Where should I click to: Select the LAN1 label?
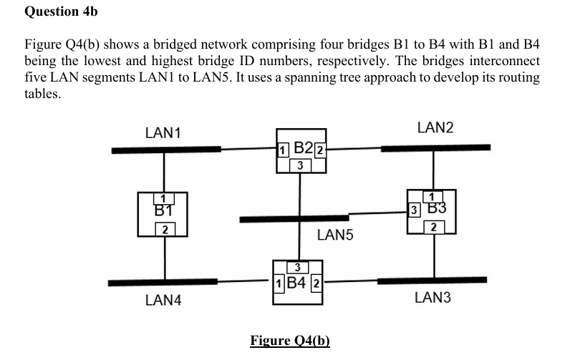[163, 132]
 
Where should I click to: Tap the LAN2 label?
[435, 127]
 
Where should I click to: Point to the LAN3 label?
[433, 298]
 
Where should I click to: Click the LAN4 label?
[163, 301]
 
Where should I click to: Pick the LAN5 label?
[334, 235]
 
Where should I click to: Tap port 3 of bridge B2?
[301, 166]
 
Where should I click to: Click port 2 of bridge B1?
[165, 230]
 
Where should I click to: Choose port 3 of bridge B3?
[413, 210]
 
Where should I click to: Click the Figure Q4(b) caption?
[289, 339]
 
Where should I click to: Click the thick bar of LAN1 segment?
[165, 150]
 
